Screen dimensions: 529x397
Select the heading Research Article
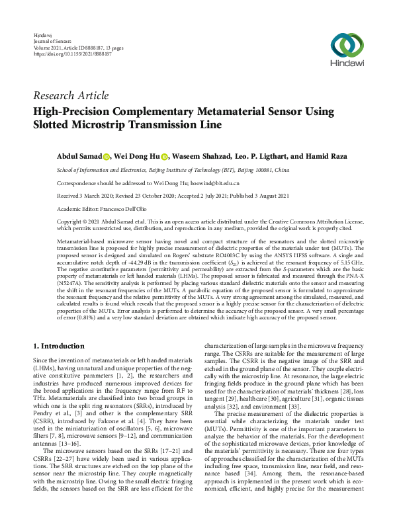pyautogui.click(x=71, y=96)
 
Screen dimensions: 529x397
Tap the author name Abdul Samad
pyautogui.click(x=78, y=156)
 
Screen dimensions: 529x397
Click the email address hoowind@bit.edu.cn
pyautogui.click(x=215, y=183)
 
